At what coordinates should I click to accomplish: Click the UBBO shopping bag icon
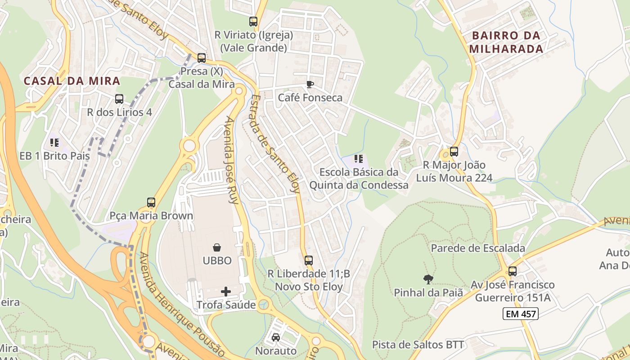(x=217, y=247)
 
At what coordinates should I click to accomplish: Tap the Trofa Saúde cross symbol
(x=226, y=292)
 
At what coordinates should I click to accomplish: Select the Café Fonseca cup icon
(x=310, y=84)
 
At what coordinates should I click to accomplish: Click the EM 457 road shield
(x=521, y=314)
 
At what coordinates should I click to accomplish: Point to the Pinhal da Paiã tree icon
(x=428, y=279)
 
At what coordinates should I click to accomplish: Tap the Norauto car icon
(x=276, y=337)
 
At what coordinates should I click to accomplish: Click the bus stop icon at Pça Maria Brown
(x=151, y=202)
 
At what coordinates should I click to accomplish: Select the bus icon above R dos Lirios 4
(x=119, y=99)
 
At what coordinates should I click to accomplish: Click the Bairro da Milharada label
(x=506, y=42)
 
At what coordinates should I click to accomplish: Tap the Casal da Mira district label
(x=72, y=81)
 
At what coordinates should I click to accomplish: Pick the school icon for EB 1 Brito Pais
(x=54, y=143)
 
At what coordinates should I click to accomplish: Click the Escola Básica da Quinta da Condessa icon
(x=359, y=158)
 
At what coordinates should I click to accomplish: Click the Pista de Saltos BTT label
(x=418, y=345)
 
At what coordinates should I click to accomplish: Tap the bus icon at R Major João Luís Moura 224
(x=454, y=152)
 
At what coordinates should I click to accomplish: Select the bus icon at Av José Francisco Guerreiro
(x=513, y=271)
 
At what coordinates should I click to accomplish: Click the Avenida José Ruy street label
(x=232, y=160)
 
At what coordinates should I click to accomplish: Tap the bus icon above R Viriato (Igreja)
(x=253, y=21)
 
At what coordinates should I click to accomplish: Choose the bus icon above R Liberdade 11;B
(x=309, y=260)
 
